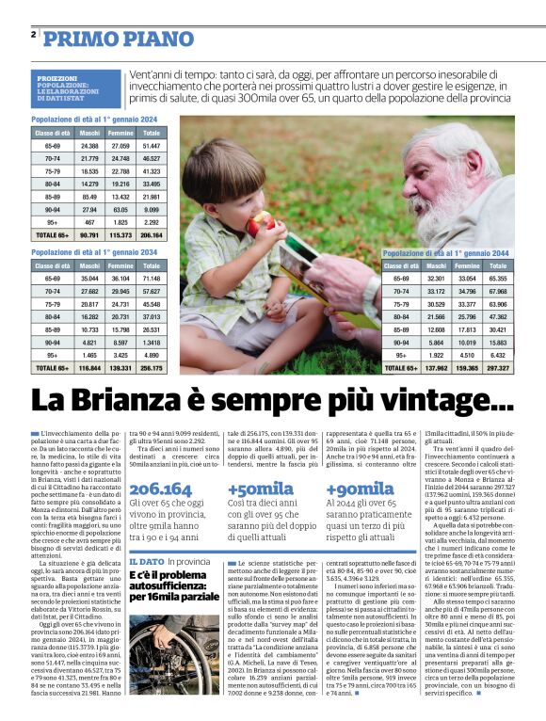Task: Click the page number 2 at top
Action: click(x=33, y=35)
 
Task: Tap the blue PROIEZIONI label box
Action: click(x=75, y=88)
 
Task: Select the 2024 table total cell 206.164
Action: click(x=151, y=234)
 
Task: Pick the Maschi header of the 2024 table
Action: click(x=89, y=134)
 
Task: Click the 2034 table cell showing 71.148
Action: click(x=151, y=280)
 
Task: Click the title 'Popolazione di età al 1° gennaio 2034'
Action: click(x=93, y=252)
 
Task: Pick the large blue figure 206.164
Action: click(x=160, y=489)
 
